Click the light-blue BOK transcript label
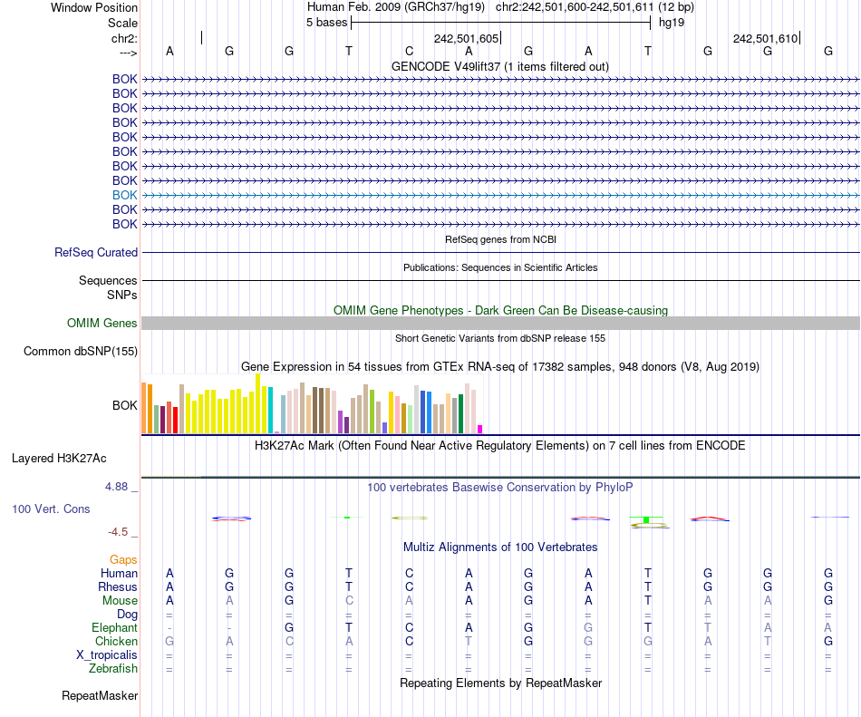[125, 195]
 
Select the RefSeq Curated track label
[96, 253]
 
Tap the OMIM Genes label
[102, 324]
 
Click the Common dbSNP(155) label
[81, 352]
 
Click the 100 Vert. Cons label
[51, 509]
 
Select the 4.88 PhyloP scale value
[121, 487]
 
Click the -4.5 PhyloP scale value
[121, 532]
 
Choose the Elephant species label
[114, 627]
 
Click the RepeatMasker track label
[100, 696]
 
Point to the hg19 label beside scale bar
[672, 22]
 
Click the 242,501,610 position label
[765, 38]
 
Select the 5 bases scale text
[326, 22]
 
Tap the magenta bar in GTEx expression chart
[480, 429]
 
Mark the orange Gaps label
[123, 559]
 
